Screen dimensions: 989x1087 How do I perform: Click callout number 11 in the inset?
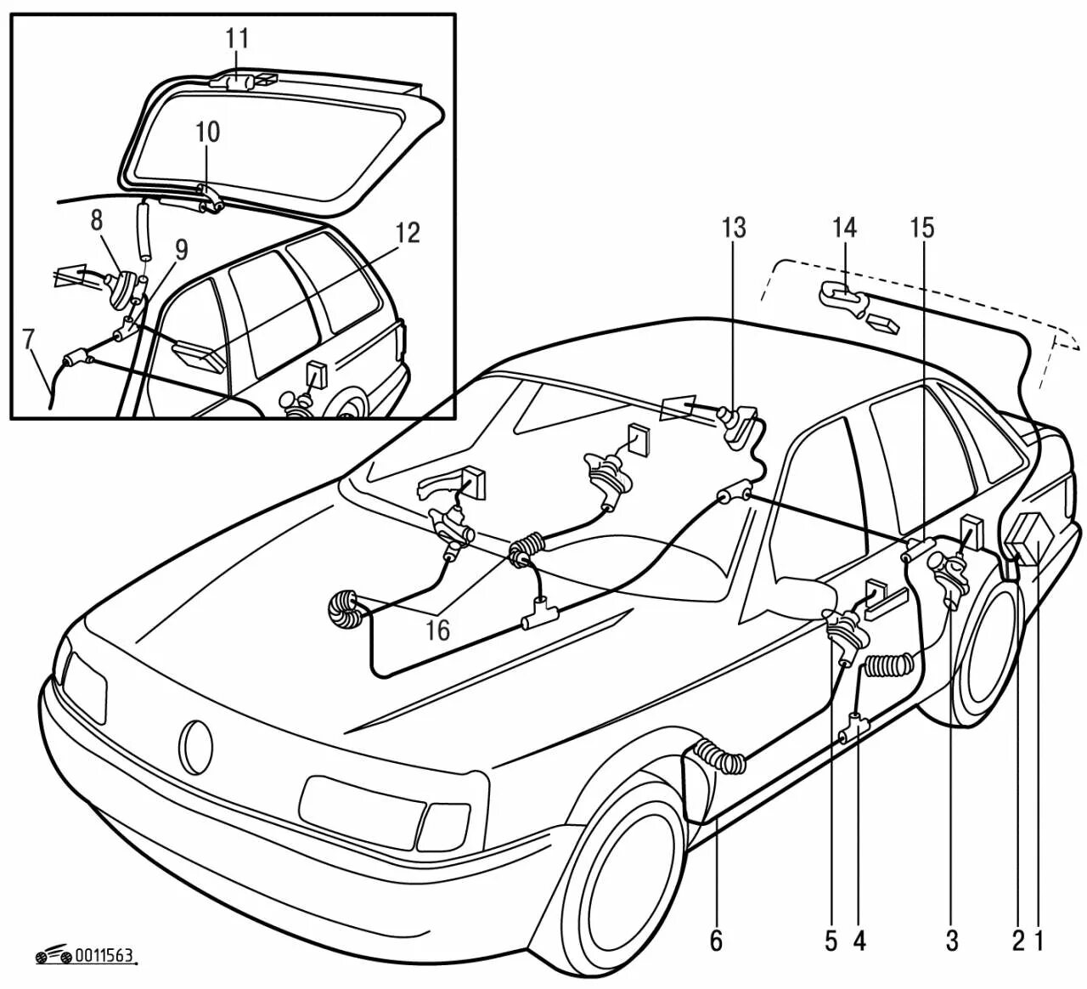point(237,40)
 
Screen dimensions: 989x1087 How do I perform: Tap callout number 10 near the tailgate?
point(207,133)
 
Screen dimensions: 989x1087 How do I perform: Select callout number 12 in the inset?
point(408,233)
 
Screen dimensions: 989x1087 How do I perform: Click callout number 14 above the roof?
point(844,228)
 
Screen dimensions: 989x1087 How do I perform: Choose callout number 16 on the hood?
point(439,630)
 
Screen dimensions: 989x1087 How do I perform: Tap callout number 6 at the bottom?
point(716,940)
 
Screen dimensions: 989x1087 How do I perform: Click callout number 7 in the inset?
point(30,339)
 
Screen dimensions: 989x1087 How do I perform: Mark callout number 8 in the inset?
point(97,221)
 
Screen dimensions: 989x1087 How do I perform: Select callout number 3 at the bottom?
point(951,940)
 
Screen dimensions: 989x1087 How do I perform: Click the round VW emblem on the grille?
point(196,747)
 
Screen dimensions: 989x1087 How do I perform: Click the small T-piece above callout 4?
point(854,728)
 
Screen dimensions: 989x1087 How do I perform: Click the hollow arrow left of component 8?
point(70,275)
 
